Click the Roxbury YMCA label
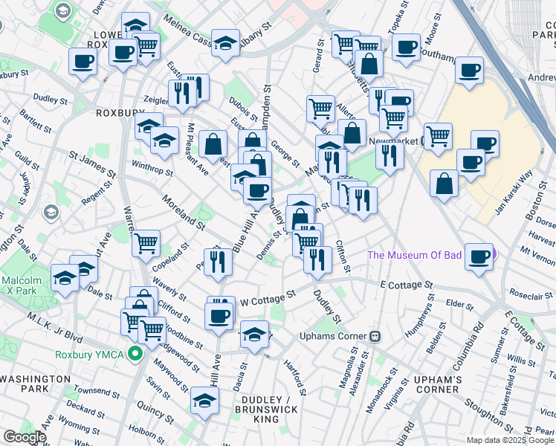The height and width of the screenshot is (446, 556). [x=90, y=354]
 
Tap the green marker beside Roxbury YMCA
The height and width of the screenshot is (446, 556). [x=135, y=354]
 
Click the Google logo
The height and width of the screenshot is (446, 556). [x=24, y=437]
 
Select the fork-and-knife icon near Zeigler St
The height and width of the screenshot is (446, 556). [x=181, y=92]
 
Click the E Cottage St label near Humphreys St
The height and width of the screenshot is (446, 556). [x=406, y=285]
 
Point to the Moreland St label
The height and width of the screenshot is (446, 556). [x=184, y=212]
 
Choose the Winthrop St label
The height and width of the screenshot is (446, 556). [x=152, y=167]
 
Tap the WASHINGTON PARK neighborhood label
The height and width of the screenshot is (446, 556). [x=35, y=384]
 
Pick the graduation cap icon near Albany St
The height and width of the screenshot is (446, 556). [x=225, y=42]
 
